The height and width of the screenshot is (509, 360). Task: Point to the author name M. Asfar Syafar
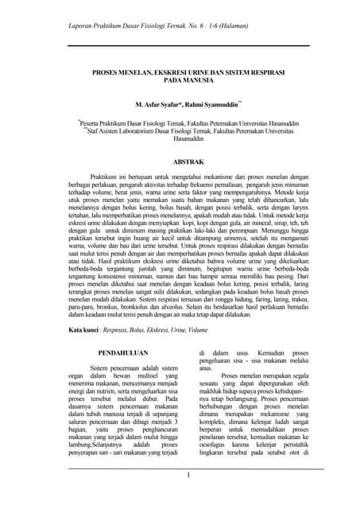click(x=159, y=104)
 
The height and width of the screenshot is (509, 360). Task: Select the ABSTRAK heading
click(x=182, y=161)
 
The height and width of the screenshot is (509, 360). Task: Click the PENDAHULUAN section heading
click(x=121, y=351)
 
